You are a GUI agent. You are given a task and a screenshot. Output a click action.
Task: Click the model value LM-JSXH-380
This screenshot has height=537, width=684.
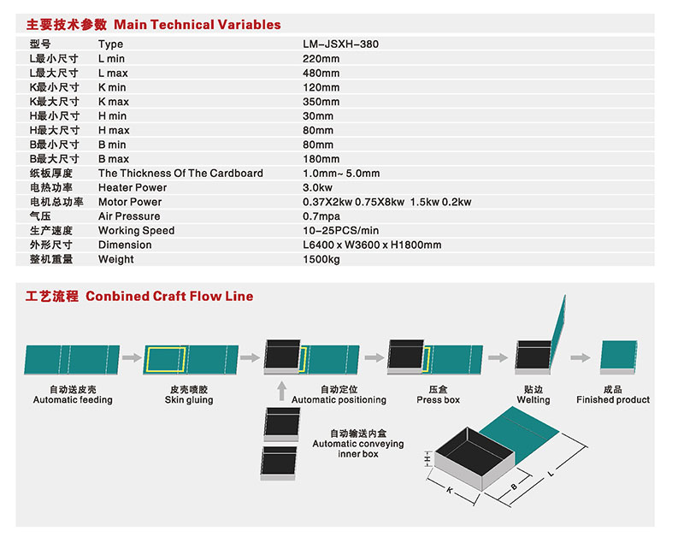pos(340,44)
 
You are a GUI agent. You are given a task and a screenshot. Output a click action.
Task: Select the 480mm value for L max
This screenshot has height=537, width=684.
pos(321,73)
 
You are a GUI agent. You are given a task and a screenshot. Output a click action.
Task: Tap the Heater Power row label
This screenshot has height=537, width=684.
pos(133,187)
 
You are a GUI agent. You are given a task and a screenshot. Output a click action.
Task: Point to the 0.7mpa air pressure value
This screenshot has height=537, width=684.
pos(321,216)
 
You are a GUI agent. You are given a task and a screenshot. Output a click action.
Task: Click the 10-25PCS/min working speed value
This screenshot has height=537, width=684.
pos(340,230)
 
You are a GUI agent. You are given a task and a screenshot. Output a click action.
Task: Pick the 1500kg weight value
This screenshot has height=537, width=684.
pos(321,259)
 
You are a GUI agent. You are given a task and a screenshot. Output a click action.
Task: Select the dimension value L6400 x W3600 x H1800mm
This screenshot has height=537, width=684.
pos(372,245)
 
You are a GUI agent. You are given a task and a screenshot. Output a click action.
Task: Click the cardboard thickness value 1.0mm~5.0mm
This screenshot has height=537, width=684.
pos(341,174)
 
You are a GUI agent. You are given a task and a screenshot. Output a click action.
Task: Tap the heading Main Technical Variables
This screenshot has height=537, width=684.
pos(198,25)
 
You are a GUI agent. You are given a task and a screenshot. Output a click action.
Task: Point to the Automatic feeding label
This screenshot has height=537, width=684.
pos(73,399)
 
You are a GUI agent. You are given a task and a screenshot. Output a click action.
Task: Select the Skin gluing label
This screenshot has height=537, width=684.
pos(189,400)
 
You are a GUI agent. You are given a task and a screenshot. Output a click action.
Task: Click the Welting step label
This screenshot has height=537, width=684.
pos(534,400)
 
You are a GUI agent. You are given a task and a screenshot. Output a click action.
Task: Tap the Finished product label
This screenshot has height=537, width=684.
pos(613,399)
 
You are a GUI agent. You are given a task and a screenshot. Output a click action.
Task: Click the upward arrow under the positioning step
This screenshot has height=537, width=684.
pos(282,391)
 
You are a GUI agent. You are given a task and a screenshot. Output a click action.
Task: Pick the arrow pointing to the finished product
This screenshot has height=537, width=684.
pos(581,357)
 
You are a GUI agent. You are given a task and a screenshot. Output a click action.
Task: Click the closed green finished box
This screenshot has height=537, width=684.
pos(618,357)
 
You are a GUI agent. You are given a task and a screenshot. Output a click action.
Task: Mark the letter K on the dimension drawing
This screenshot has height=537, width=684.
pos(450,490)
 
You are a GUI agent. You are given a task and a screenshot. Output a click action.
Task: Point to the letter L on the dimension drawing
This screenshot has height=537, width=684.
pos(551,474)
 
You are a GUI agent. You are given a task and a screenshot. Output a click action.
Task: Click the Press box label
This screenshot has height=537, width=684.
pos(438,400)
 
